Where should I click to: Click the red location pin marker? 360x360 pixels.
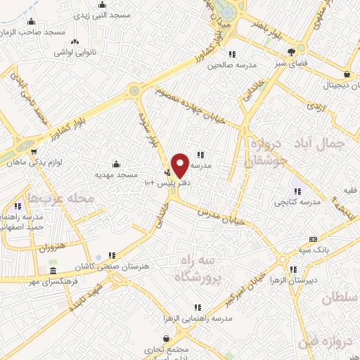click(180, 164)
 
